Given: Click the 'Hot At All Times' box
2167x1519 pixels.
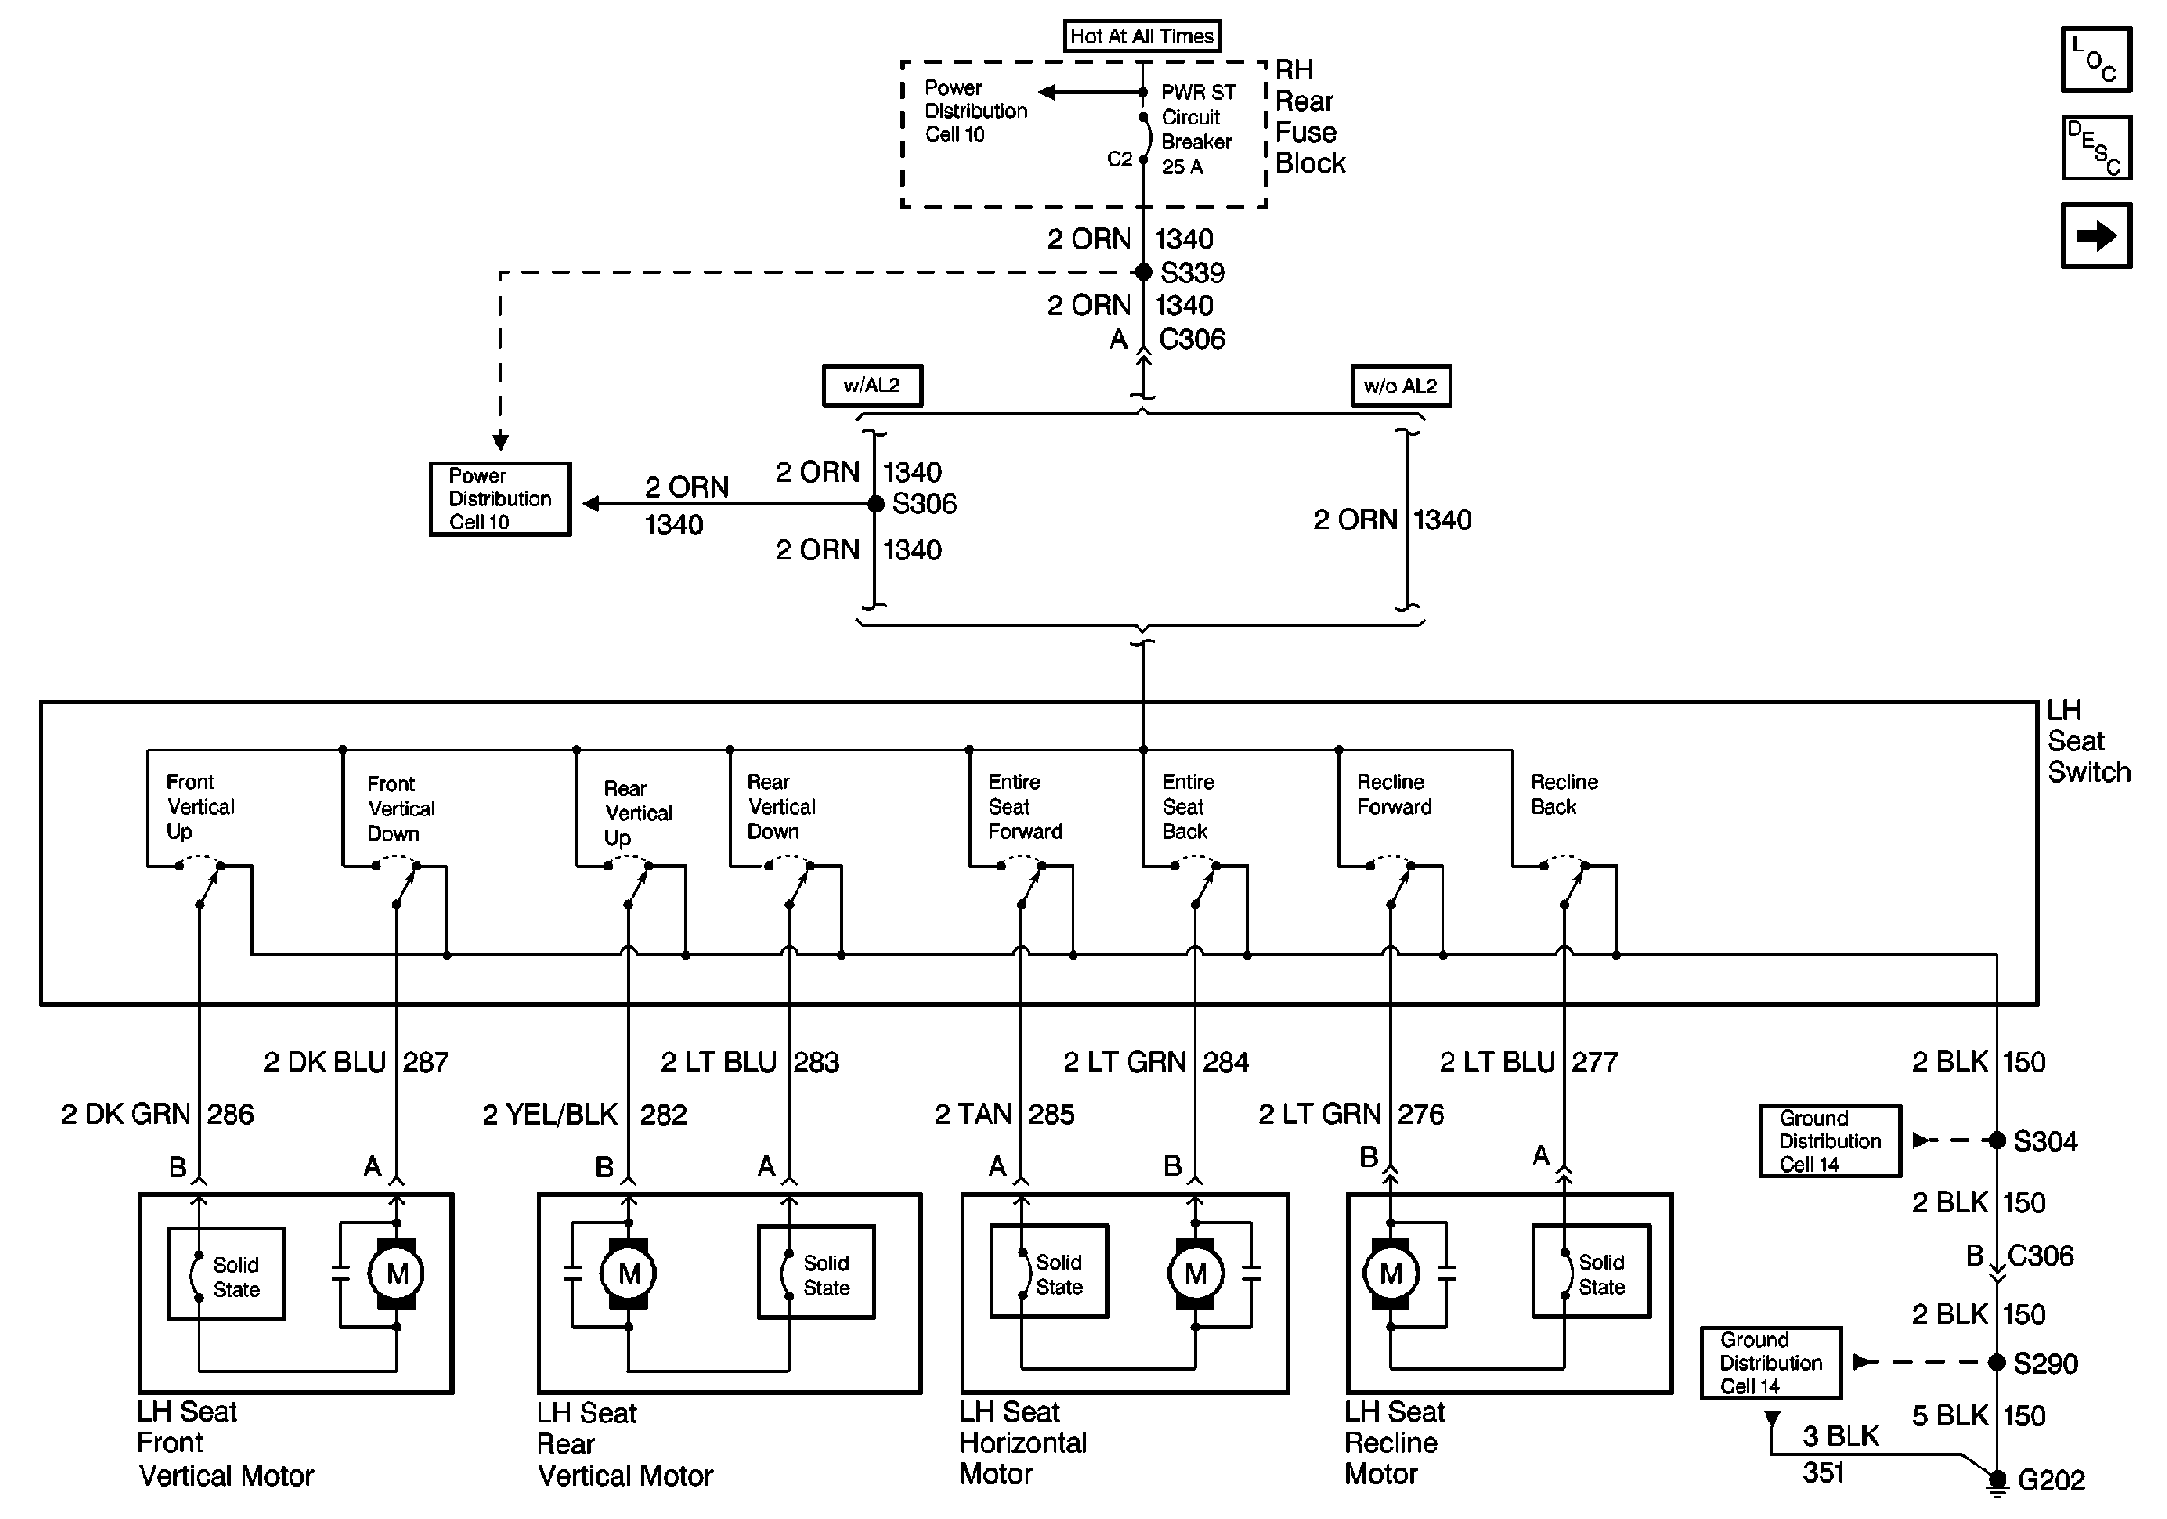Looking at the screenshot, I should (1142, 36).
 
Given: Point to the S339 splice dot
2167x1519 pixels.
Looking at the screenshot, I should (1143, 272).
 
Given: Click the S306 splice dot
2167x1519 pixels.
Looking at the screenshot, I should (876, 504).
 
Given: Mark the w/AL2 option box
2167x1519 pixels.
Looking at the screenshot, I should (872, 386).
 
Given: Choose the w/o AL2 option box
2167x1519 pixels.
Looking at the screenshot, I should (1401, 386).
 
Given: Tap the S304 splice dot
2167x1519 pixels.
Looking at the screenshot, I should (1996, 1141).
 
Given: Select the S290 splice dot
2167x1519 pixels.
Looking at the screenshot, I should (1996, 1362).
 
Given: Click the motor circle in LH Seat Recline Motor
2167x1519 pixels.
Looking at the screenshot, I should (1390, 1274).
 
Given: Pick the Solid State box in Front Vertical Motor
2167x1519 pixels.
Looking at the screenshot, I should (226, 1274).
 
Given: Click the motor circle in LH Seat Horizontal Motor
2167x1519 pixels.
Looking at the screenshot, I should (1194, 1274).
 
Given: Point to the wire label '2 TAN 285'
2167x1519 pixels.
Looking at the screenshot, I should (1004, 1114).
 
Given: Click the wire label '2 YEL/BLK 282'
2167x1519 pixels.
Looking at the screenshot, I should (585, 1114).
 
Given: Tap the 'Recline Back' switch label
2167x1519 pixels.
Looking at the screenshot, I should (1563, 795).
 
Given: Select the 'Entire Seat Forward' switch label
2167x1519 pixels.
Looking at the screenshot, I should (1024, 806).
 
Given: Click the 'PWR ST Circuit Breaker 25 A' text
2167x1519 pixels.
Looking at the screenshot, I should (1197, 129).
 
